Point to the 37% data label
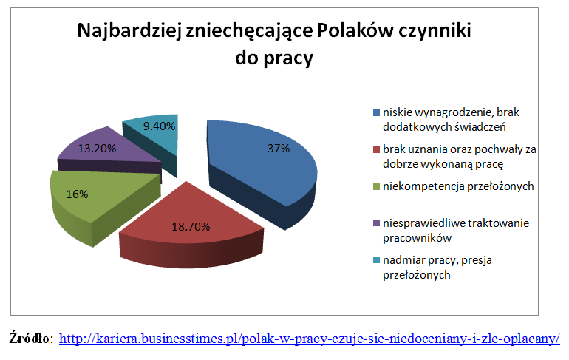click(x=279, y=149)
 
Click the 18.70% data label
click(x=191, y=227)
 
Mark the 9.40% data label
click(x=159, y=126)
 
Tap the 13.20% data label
click(x=97, y=149)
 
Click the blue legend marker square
click(x=376, y=112)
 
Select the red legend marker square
click(x=376, y=149)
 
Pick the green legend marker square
click(x=376, y=186)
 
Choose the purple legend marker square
click(x=376, y=223)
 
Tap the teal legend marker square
click(x=376, y=260)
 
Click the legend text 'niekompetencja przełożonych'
click(x=458, y=186)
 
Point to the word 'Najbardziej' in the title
click(x=129, y=31)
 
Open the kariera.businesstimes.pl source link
click(x=310, y=339)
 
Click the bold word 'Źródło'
click(x=29, y=338)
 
